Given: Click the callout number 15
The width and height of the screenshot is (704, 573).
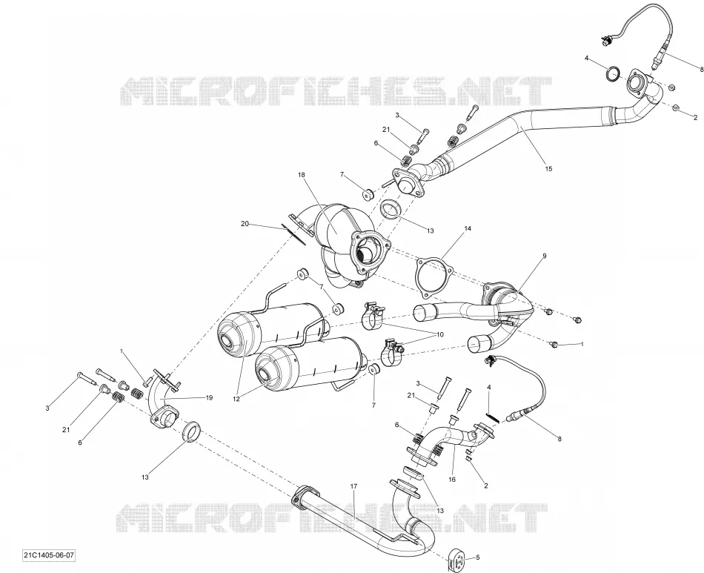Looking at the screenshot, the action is (548, 169).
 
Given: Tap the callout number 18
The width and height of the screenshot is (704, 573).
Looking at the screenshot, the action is (301, 174).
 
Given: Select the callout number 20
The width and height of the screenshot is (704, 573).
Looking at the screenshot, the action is (245, 224).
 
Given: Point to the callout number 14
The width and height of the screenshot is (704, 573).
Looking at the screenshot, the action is (468, 228).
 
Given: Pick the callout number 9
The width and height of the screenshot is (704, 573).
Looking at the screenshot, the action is (544, 256).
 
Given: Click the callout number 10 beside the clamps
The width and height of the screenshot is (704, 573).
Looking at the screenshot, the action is (439, 334).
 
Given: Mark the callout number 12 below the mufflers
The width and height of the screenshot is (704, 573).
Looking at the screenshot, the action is (236, 398).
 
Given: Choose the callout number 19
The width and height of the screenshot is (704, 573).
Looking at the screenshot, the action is (209, 397).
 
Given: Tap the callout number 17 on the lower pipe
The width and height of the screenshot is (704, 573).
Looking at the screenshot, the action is (353, 486).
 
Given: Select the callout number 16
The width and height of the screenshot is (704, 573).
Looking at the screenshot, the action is (452, 479).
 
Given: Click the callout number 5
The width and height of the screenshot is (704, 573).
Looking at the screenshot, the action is (478, 557).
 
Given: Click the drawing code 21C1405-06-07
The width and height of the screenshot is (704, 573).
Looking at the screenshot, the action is (48, 555).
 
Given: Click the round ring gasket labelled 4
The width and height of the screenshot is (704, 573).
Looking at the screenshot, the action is (614, 74).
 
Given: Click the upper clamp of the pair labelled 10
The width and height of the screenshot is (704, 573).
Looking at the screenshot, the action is (372, 314).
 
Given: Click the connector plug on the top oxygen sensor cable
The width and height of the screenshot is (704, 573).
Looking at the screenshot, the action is (606, 41).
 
